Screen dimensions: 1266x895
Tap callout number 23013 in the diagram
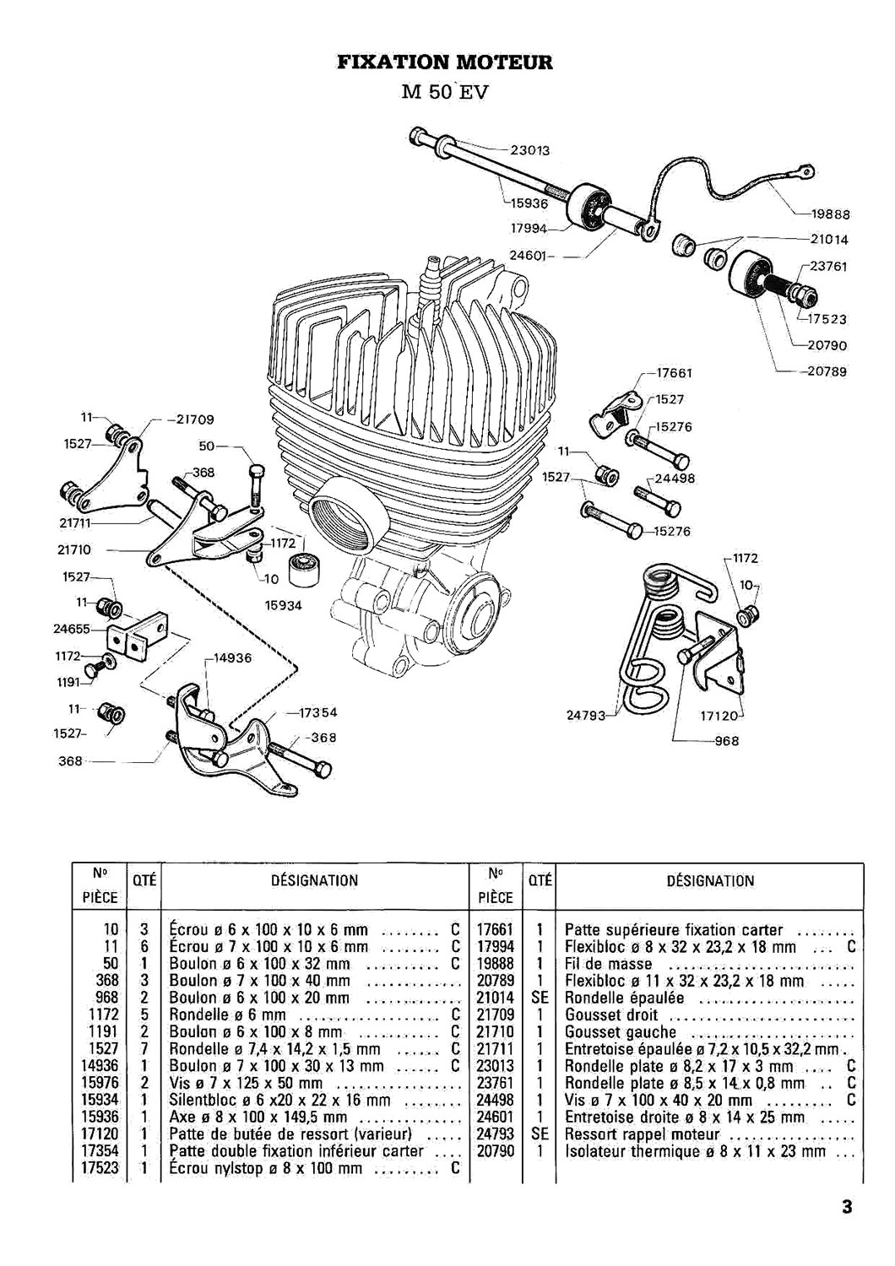(531, 151)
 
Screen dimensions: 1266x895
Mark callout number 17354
(318, 712)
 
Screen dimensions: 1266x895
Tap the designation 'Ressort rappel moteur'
(642, 1135)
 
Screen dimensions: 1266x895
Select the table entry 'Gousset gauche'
(621, 1032)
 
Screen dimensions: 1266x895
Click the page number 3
(846, 1208)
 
